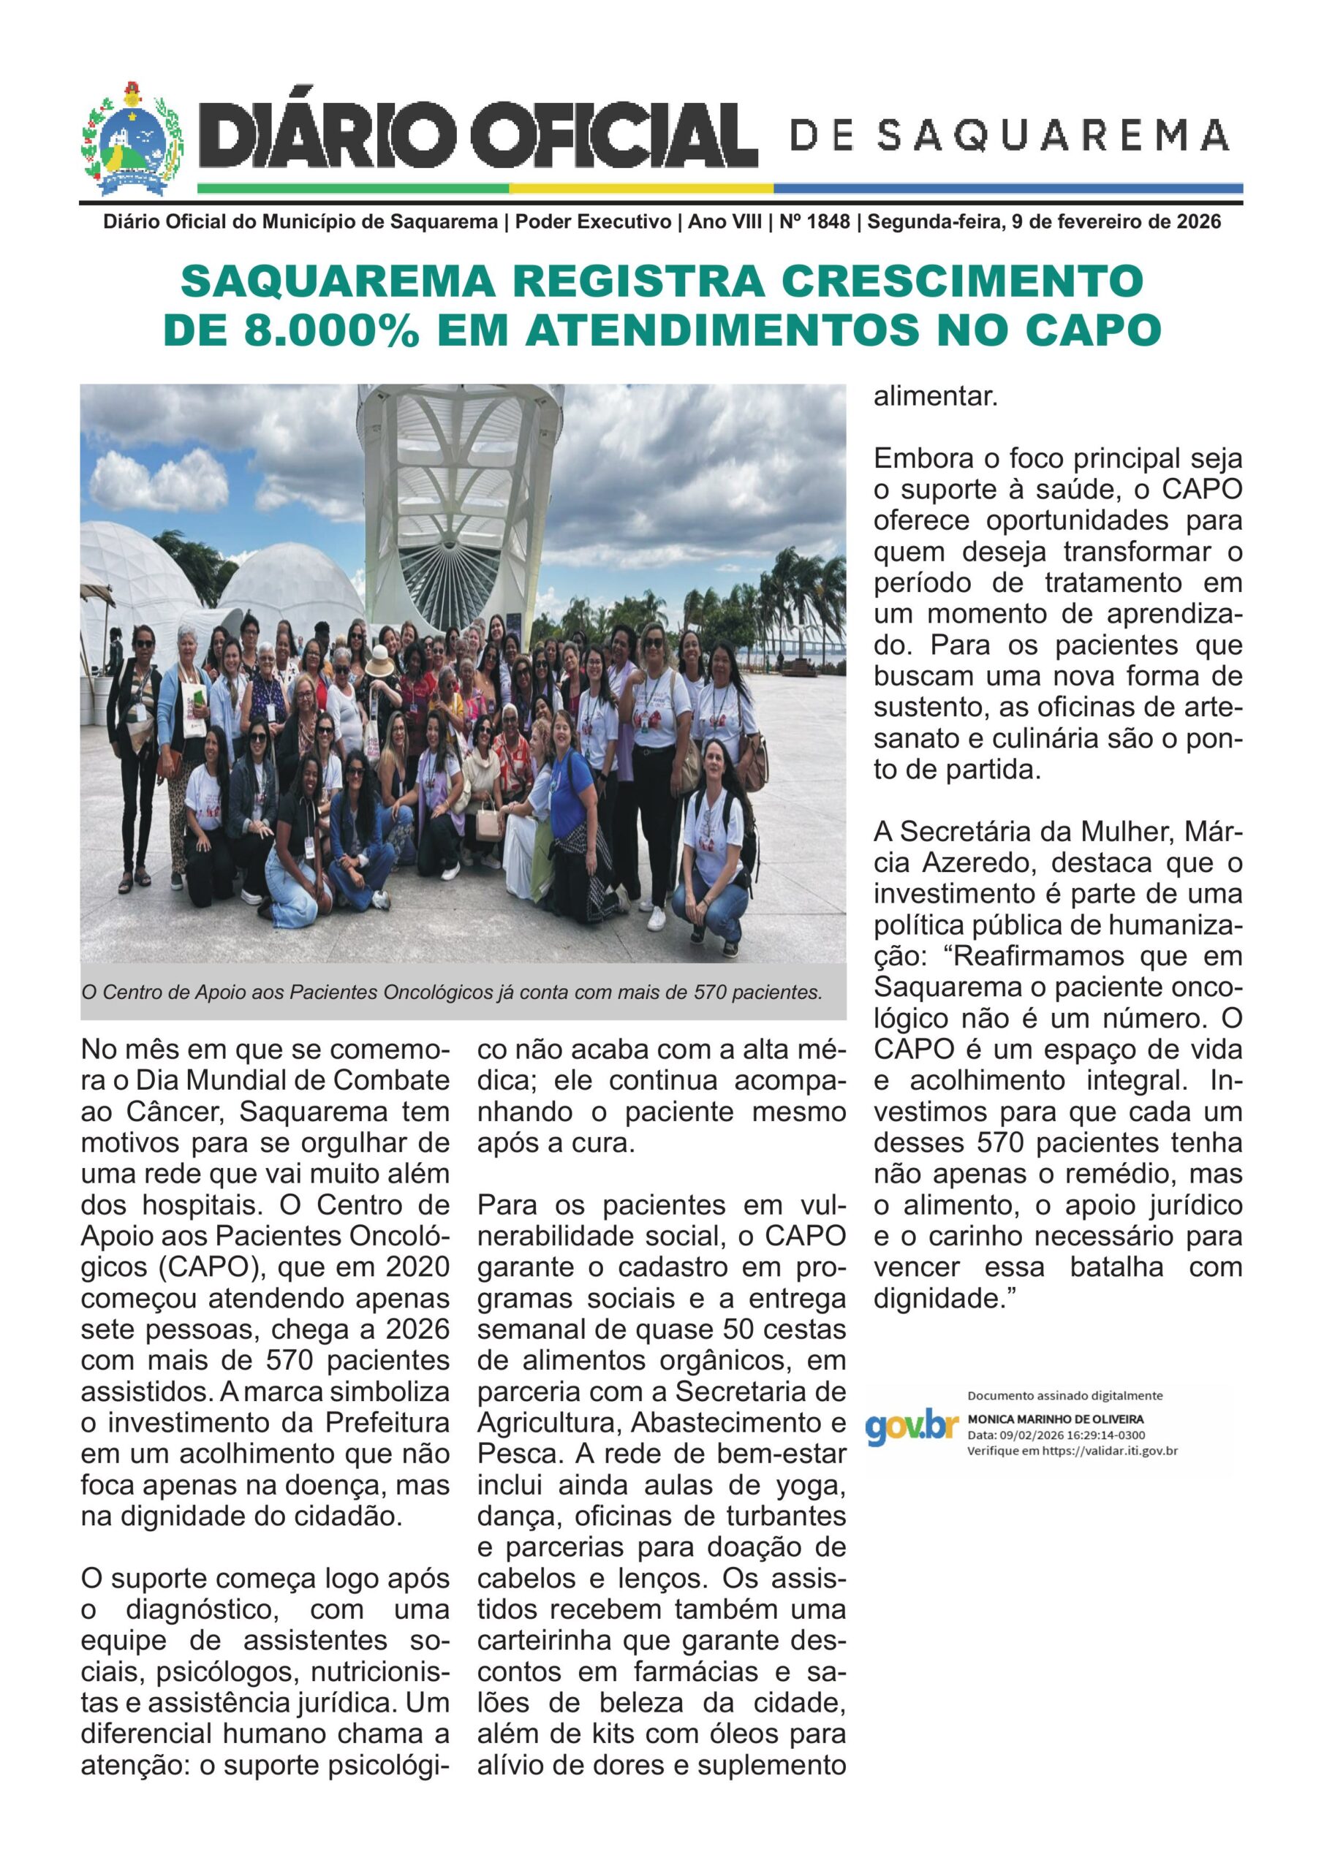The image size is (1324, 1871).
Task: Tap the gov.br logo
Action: coord(912,1427)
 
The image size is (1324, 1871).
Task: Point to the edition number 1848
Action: coord(828,221)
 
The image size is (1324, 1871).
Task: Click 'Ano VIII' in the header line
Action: coord(725,221)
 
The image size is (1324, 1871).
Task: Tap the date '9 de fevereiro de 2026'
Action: coord(1116,221)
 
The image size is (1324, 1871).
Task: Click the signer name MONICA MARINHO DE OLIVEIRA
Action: coord(1055,1419)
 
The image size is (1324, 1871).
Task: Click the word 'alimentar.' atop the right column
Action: coord(936,398)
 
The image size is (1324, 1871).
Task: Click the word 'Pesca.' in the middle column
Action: coord(518,1454)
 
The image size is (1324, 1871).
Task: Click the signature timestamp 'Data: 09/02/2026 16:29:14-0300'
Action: coord(1056,1435)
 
